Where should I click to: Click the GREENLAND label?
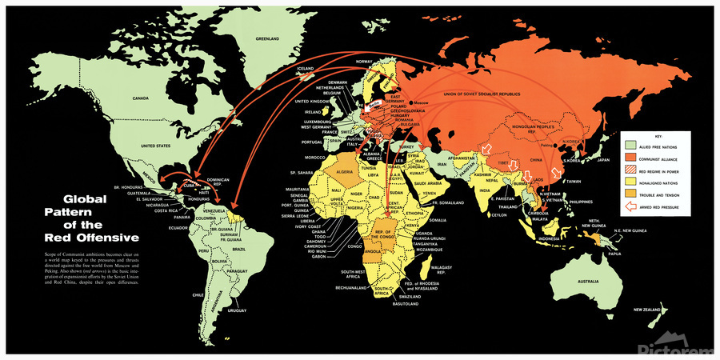point(267,39)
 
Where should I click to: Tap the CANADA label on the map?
point(141,98)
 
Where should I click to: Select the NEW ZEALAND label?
point(649,310)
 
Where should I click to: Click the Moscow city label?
point(421,104)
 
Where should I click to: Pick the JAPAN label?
point(602,160)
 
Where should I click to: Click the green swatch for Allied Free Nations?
point(630,146)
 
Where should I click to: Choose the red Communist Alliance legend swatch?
point(630,158)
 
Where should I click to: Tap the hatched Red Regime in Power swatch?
point(630,170)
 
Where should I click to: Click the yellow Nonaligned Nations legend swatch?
point(630,183)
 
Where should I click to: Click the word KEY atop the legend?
point(654,137)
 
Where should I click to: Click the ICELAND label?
point(306,69)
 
